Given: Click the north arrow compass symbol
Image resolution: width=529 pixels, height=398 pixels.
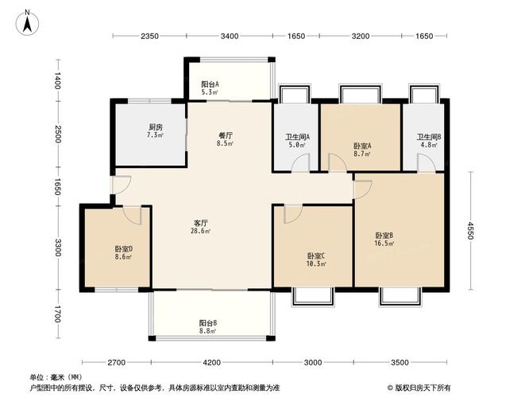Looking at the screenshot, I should tap(26, 21).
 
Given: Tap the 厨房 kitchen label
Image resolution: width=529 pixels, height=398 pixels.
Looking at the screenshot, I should tap(155, 127).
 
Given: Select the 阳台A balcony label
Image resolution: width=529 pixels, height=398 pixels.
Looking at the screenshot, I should tap(210, 84).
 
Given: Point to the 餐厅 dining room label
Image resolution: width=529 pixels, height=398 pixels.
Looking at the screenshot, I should tap(225, 135).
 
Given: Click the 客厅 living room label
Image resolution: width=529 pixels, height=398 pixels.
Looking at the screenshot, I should tap(201, 222).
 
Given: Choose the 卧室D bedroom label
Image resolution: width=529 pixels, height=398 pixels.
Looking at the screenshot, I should tap(123, 248).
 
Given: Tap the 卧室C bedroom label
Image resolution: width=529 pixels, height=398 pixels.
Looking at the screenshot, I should tap(316, 255).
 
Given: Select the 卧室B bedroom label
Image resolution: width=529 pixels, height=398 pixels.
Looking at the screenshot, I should tap(384, 235).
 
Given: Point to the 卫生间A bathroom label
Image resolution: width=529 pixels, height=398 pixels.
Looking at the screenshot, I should tap(298, 136).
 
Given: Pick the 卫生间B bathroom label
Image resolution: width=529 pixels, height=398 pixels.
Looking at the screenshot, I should tap(429, 136).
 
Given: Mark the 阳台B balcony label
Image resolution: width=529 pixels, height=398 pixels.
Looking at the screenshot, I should tap(209, 322).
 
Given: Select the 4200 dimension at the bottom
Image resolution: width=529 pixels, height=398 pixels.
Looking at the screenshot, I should tap(211, 363).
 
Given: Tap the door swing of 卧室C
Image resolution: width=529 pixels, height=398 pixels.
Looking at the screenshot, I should tap(292, 213).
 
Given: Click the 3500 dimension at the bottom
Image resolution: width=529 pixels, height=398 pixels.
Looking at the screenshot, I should tap(400, 363).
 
